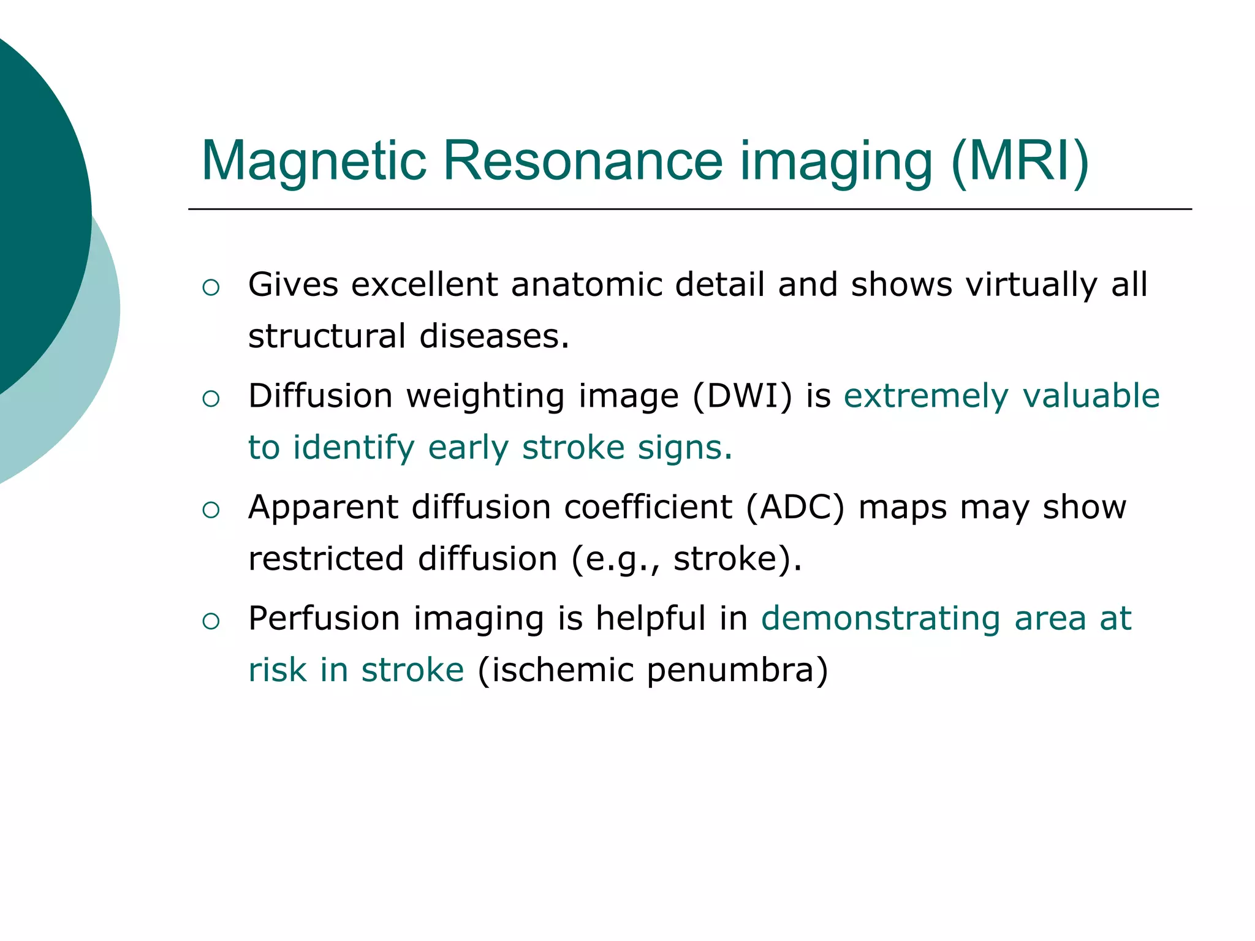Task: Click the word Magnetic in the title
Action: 314,161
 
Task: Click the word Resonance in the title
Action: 582,161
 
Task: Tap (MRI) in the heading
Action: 1019,161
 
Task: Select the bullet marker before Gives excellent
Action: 211,287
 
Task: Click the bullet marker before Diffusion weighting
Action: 211,399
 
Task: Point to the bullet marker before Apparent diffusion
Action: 211,510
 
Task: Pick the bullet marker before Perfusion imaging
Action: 211,621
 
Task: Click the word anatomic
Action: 587,285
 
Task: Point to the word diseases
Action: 494,336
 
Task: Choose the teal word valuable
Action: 1091,396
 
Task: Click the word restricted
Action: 326,559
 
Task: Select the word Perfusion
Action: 324,619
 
